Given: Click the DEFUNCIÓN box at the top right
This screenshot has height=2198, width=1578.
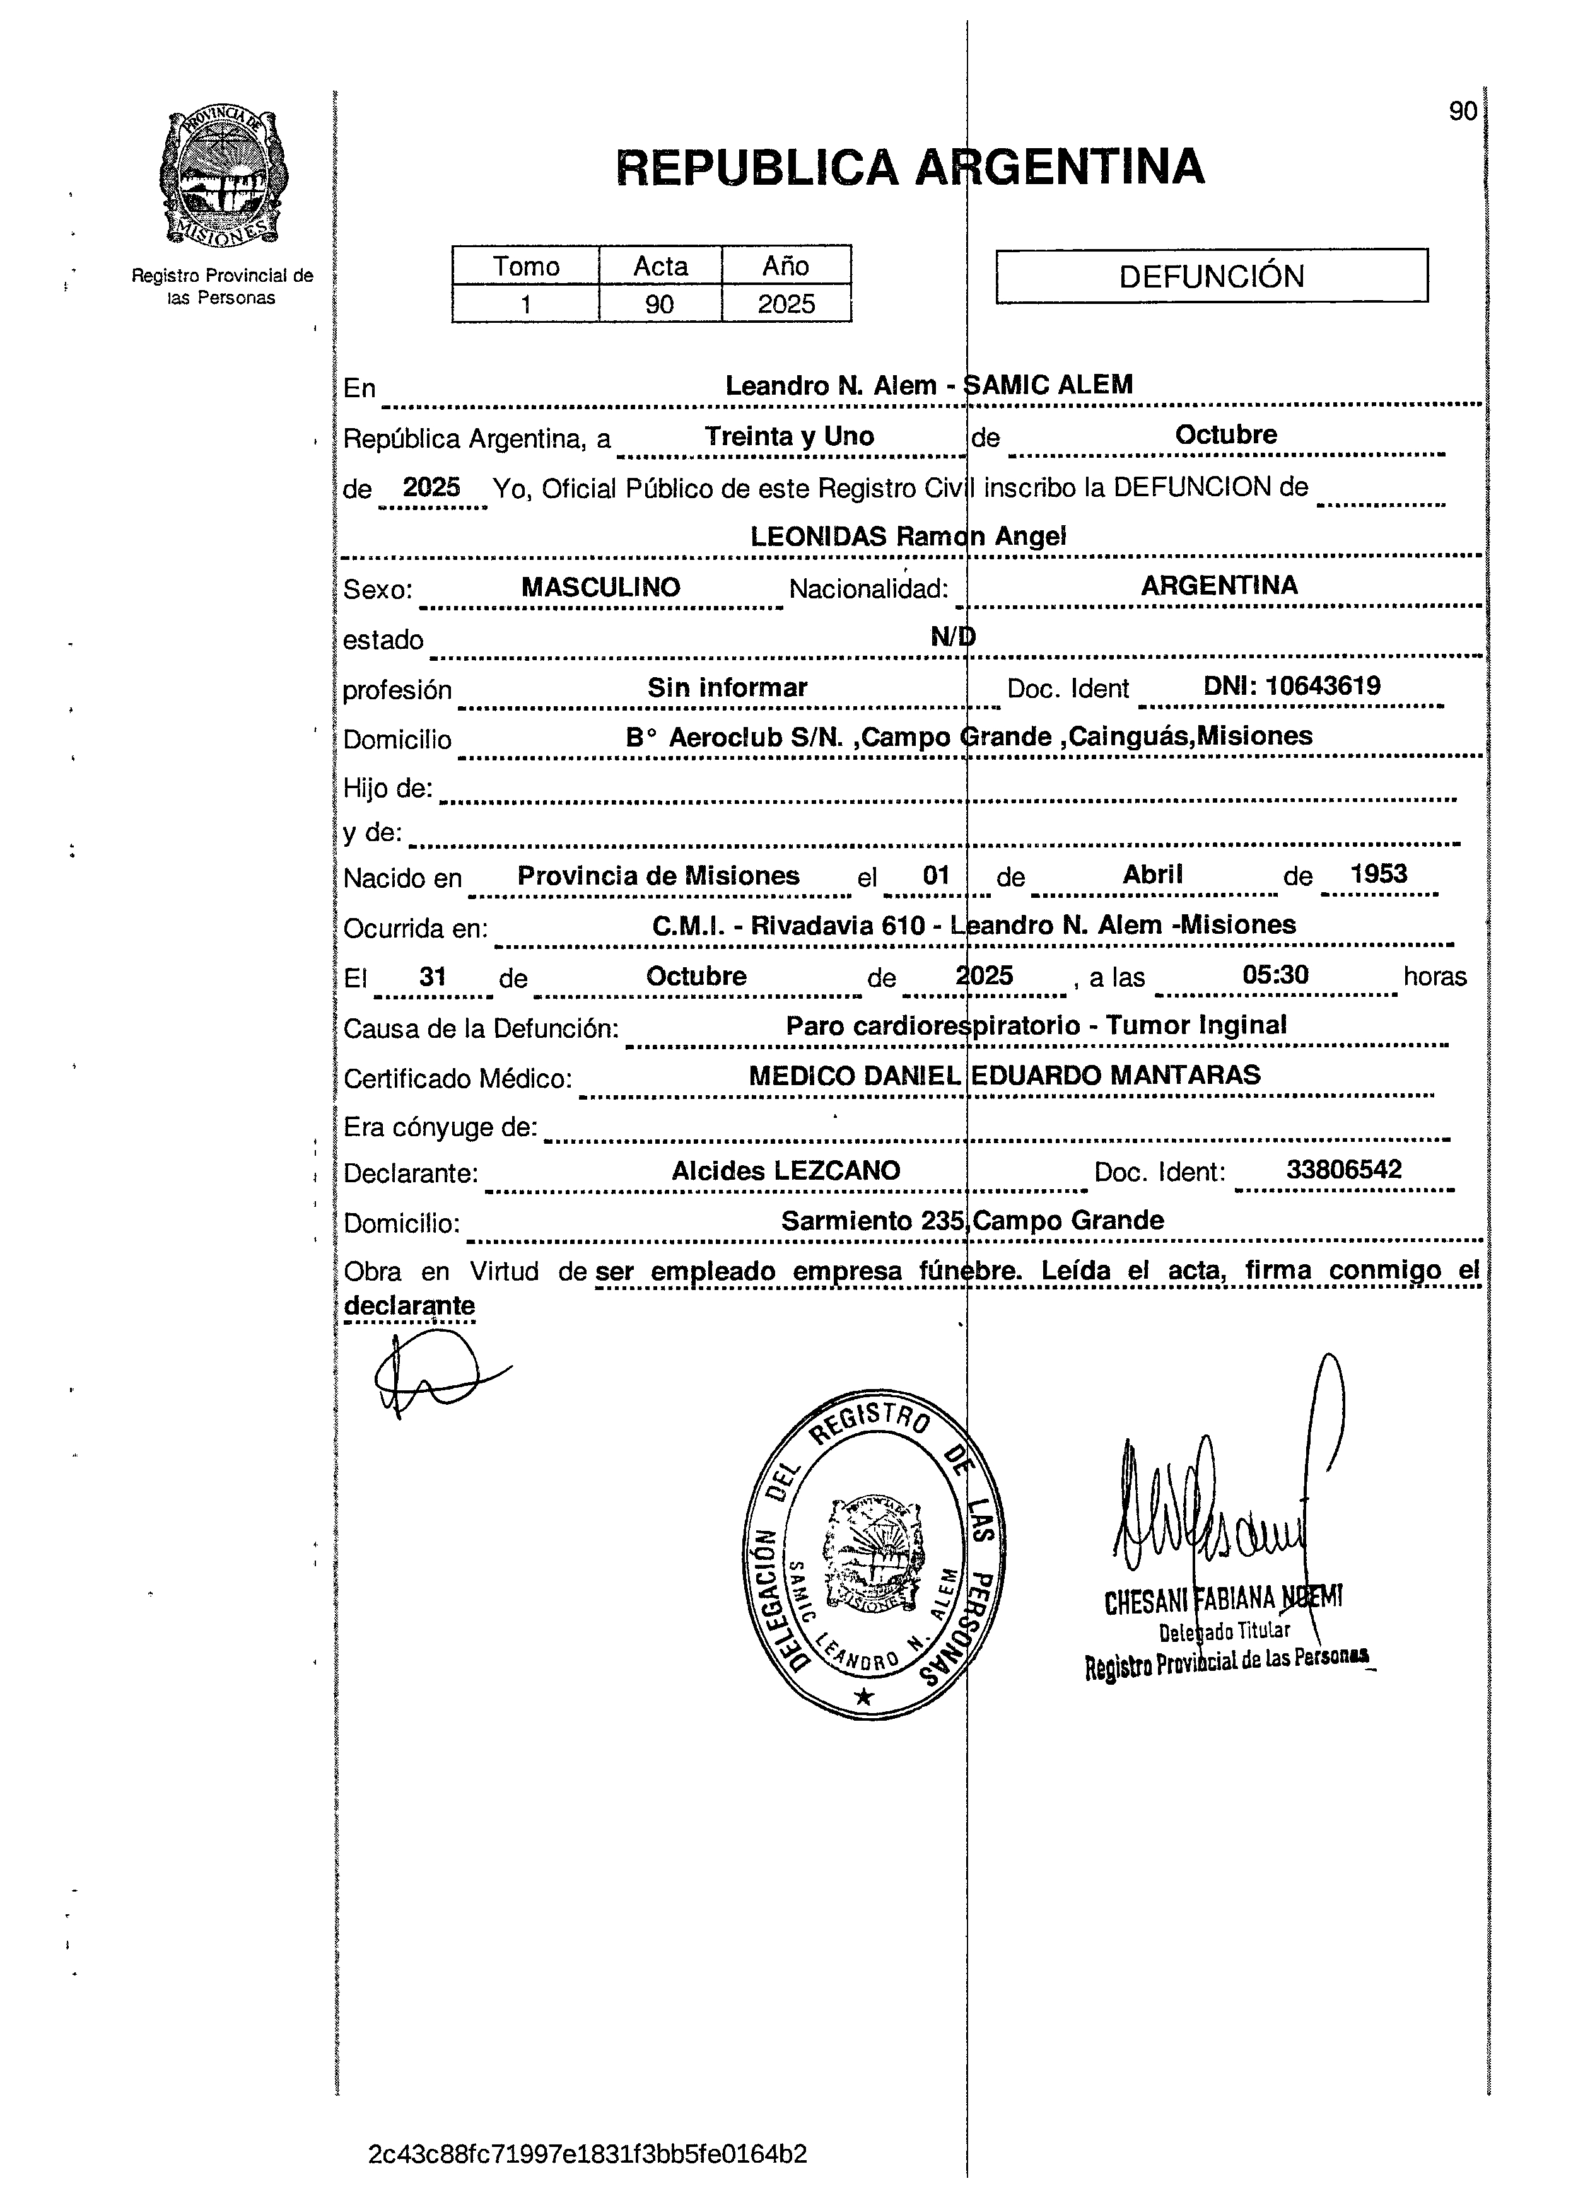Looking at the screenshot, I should pyautogui.click(x=1211, y=276).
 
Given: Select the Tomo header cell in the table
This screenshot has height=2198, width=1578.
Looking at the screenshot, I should pyautogui.click(x=525, y=265).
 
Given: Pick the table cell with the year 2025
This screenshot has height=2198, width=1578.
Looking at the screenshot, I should pyautogui.click(x=786, y=303).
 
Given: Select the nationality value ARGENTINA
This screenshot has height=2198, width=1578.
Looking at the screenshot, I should pyautogui.click(x=1219, y=585).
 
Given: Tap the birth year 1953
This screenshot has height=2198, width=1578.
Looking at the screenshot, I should pyautogui.click(x=1377, y=873).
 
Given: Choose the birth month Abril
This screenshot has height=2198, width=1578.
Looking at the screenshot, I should pyautogui.click(x=1152, y=874).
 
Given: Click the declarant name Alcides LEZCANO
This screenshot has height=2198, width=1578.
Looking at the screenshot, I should pyautogui.click(x=785, y=1171).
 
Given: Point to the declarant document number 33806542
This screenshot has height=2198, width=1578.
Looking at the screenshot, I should pyautogui.click(x=1343, y=1170).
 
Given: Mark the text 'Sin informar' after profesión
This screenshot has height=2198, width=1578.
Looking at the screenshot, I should pyautogui.click(x=727, y=687).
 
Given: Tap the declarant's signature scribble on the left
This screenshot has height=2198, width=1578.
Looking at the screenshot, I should pyautogui.click(x=430, y=1375).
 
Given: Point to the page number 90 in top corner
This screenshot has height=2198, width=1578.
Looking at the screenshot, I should pyautogui.click(x=1462, y=112).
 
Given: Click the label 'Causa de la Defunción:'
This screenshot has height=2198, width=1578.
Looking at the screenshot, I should pyautogui.click(x=481, y=1028).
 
